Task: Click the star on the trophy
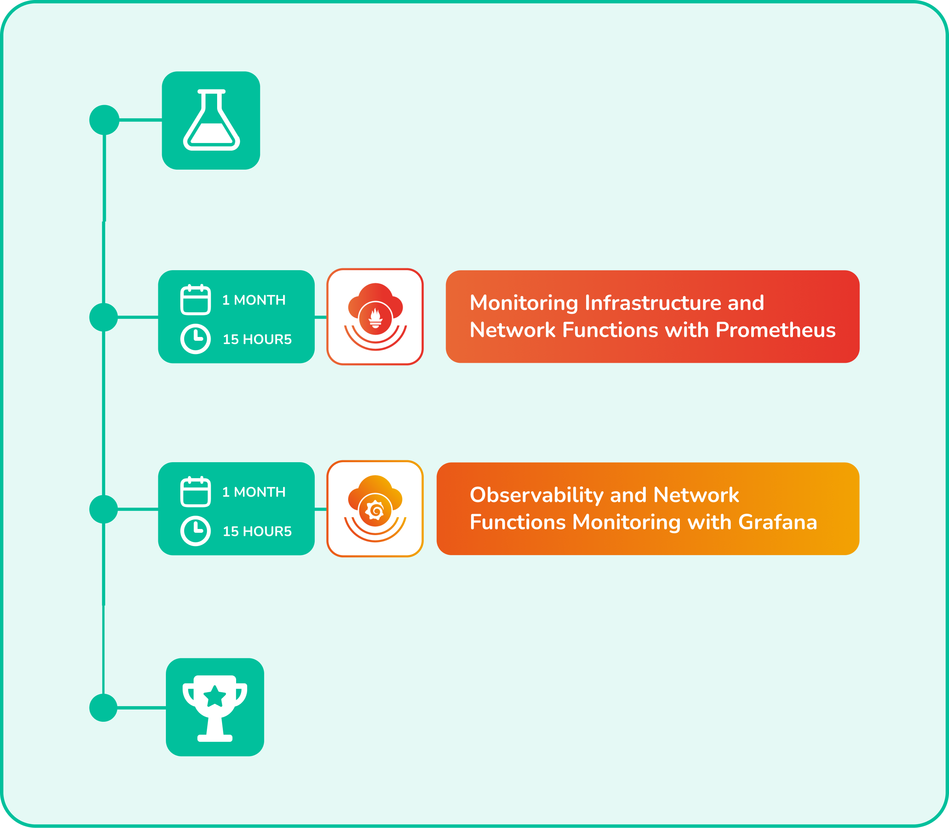(215, 697)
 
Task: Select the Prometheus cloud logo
(375, 316)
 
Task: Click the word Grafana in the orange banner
(777, 523)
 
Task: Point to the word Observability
(536, 495)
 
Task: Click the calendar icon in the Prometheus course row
(195, 300)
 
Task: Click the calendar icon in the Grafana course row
(195, 492)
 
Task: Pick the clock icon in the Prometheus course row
(195, 339)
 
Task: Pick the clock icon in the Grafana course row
(195, 531)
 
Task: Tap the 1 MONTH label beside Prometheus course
(254, 300)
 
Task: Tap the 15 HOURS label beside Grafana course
(257, 531)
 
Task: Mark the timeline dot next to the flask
(104, 120)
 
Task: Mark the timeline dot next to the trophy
(104, 707)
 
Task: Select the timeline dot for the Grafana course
(104, 509)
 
